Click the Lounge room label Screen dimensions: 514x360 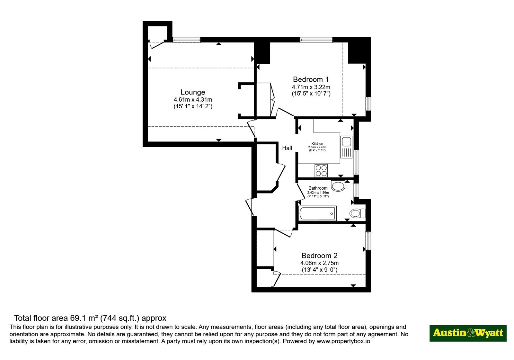click(x=193, y=92)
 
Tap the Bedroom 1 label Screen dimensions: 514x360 click(x=311, y=79)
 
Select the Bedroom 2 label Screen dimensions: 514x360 click(x=319, y=256)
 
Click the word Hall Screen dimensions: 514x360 click(x=287, y=148)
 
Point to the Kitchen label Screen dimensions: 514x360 click(x=317, y=144)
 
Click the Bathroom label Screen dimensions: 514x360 click(x=318, y=188)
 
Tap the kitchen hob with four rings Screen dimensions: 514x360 click(x=321, y=171)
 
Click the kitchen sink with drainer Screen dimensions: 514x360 click(x=346, y=147)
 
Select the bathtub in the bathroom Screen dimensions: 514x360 click(x=318, y=213)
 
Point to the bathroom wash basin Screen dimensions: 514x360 click(x=338, y=186)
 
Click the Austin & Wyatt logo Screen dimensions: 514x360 click(x=468, y=333)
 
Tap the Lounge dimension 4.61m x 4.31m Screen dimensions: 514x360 click(x=193, y=100)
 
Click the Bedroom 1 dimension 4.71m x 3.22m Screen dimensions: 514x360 click(x=311, y=87)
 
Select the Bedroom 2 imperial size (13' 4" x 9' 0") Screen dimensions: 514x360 click(x=320, y=270)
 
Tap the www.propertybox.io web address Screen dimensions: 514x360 click(x=343, y=341)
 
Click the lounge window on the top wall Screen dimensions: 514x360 click(x=187, y=40)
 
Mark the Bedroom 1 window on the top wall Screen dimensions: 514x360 click(x=316, y=40)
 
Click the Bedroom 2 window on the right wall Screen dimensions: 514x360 click(x=368, y=241)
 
